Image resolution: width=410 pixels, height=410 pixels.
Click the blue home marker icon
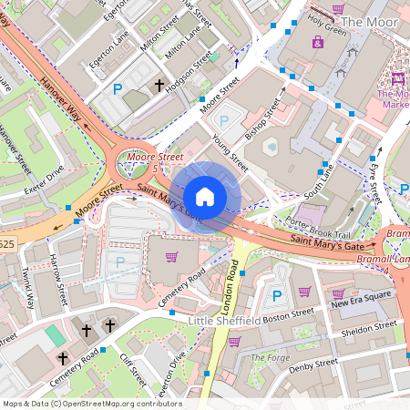(205, 197)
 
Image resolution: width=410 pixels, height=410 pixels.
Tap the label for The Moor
(372, 21)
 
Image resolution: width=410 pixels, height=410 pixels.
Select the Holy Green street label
(327, 30)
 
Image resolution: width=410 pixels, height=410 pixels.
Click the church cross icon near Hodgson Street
(159, 86)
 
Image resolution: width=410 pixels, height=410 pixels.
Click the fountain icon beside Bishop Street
(270, 146)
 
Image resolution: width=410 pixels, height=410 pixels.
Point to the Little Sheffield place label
(224, 321)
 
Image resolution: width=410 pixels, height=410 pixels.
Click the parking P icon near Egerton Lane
(118, 89)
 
